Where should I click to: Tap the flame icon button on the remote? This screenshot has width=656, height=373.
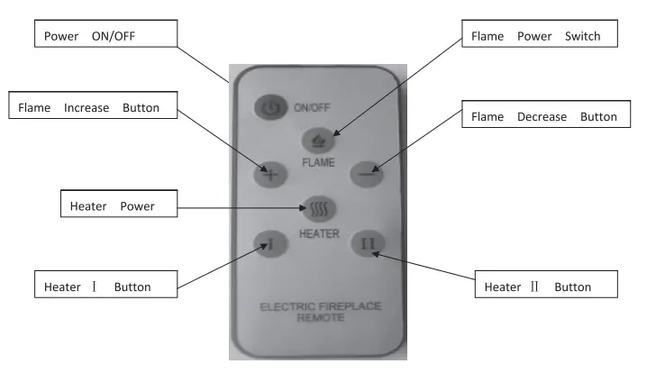click(318, 141)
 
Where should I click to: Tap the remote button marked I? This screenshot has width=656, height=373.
click(270, 242)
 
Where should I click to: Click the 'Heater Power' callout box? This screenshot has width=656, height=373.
click(117, 206)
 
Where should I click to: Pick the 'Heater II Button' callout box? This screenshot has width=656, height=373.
click(546, 287)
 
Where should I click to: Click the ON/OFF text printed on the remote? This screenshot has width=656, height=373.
click(313, 107)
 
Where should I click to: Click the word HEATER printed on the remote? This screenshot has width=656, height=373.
click(319, 233)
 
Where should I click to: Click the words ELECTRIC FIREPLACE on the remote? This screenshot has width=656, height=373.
click(320, 306)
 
